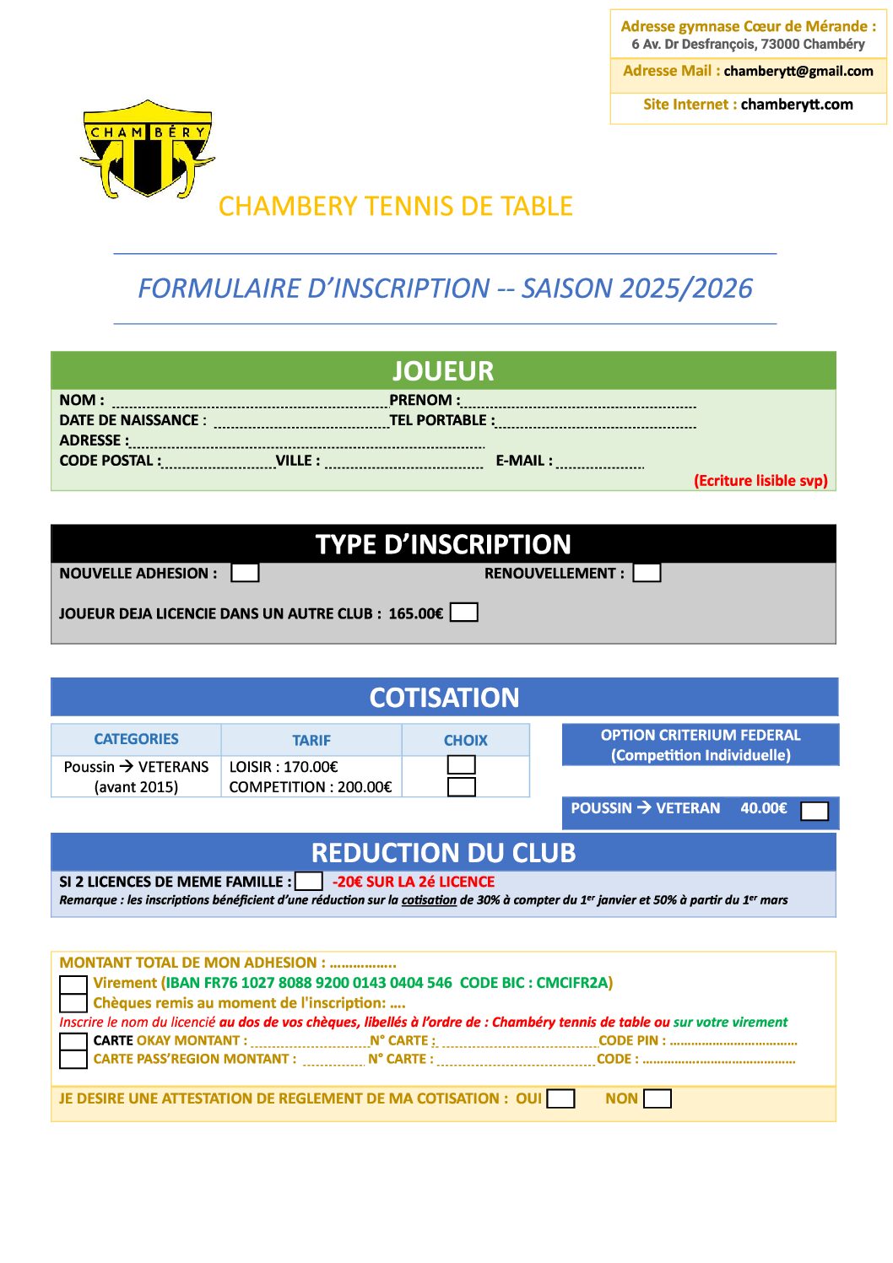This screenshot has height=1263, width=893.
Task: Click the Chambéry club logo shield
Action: coord(148,149)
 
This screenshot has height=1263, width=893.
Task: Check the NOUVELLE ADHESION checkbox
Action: coord(245,573)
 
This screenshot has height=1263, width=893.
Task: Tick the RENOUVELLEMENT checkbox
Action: coord(647,573)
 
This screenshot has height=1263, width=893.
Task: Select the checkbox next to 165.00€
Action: coord(464,613)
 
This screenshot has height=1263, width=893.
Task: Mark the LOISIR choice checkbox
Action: coord(461,765)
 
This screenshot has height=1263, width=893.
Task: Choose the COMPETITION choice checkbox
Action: coord(461,787)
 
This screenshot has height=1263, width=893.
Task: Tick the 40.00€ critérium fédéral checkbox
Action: coord(814,811)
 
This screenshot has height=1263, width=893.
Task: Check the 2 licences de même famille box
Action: coord(309,881)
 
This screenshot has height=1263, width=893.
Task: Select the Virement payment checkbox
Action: coord(73,985)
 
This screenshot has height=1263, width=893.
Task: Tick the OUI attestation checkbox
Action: coord(560,1098)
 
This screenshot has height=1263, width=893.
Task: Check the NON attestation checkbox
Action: coord(657,1098)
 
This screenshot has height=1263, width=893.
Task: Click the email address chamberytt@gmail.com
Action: coord(798,72)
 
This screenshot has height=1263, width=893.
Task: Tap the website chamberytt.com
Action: coord(796,105)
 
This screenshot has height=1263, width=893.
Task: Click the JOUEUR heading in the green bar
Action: coord(443,371)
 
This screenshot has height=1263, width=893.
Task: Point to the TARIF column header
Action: coord(311,740)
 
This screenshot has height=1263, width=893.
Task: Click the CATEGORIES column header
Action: coord(136,739)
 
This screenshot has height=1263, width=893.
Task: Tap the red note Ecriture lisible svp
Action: coord(760,481)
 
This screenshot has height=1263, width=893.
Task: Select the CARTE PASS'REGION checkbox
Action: coord(73,1059)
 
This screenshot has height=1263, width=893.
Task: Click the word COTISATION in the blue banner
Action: coord(444,698)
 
